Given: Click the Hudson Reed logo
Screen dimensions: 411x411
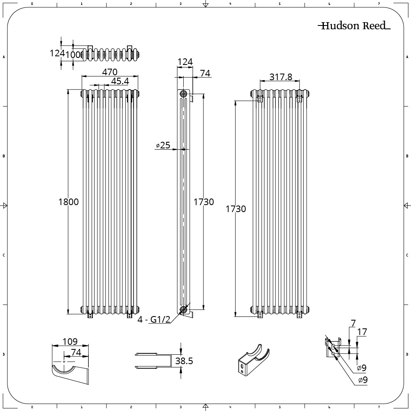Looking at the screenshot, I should (354, 26).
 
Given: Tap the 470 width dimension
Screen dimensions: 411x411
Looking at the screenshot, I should (110, 72).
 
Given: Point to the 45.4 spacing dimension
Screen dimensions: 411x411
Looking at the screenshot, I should (120, 81).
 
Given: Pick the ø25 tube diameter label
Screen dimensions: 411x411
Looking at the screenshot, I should (163, 145).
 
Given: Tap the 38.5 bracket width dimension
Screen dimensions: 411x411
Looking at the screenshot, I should (184, 361).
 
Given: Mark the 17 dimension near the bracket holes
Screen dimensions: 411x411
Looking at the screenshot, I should (362, 332).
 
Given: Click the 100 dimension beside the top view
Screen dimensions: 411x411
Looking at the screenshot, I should (74, 54).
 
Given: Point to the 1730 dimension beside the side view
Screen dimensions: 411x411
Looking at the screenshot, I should (204, 202).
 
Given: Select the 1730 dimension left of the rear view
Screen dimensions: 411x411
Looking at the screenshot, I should (236, 209).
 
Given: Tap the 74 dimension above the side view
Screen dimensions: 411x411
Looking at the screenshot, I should (205, 73).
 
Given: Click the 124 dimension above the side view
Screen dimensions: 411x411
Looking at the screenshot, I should (185, 62).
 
